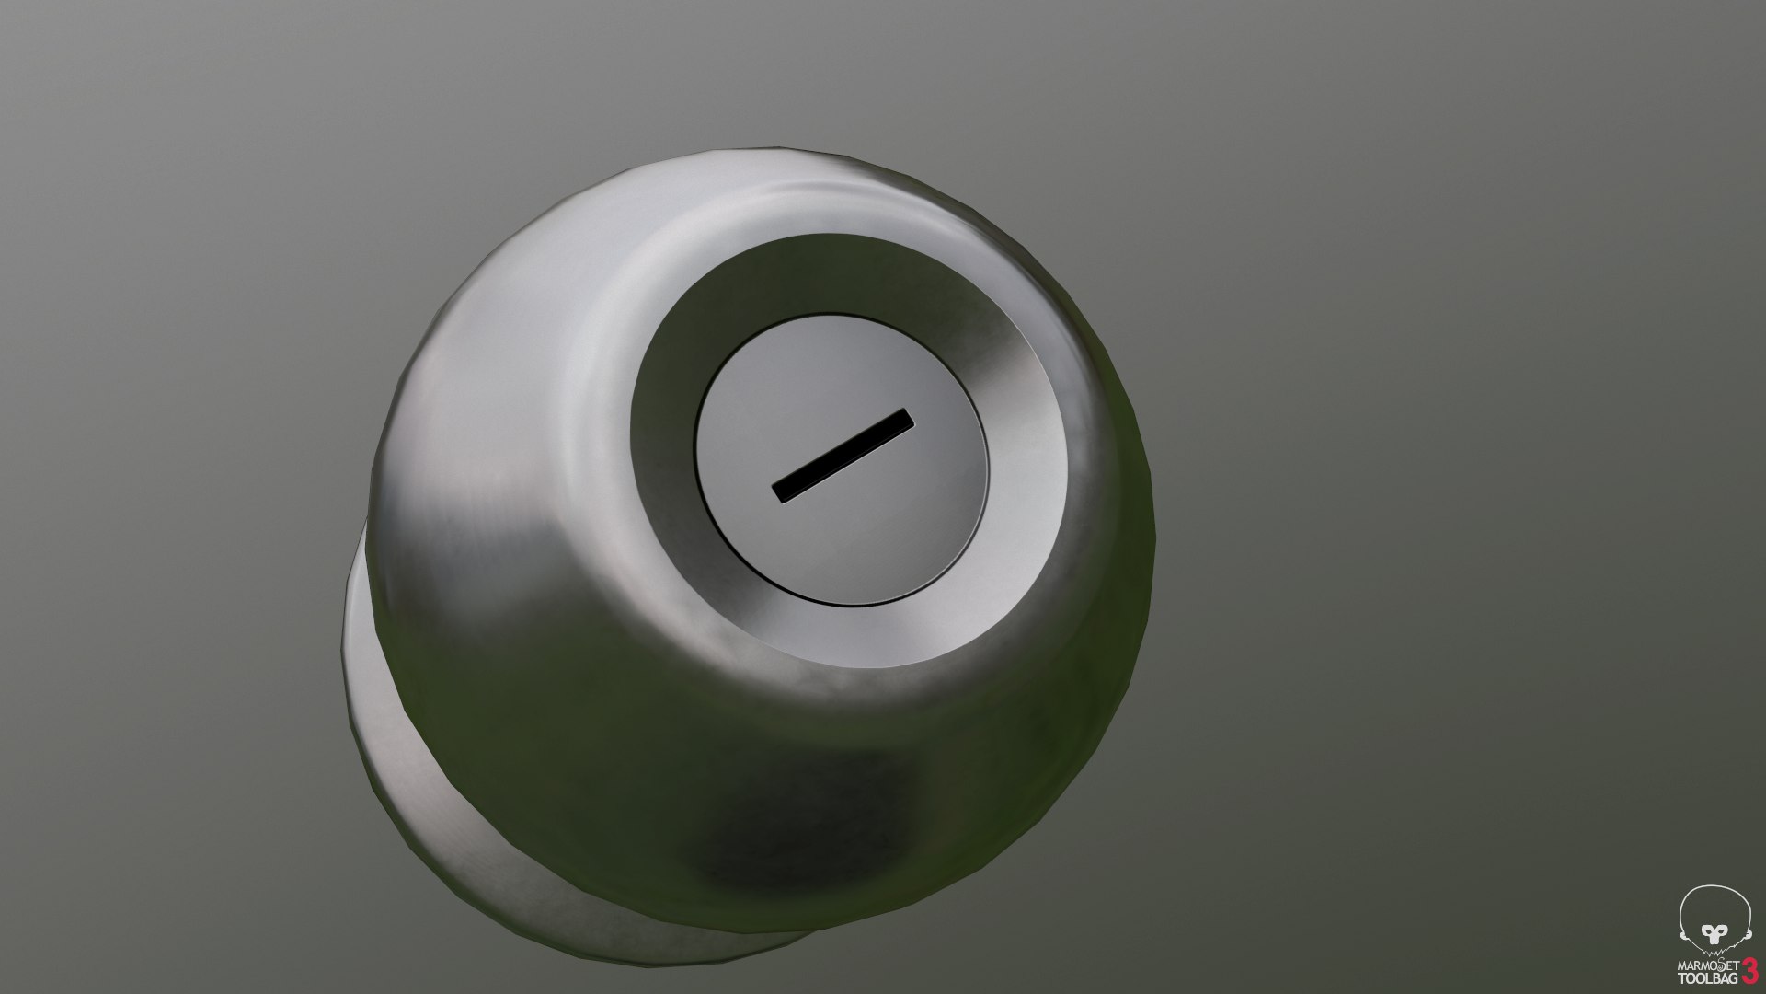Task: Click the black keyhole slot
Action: click(x=843, y=457)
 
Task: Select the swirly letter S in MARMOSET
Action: click(x=1721, y=965)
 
